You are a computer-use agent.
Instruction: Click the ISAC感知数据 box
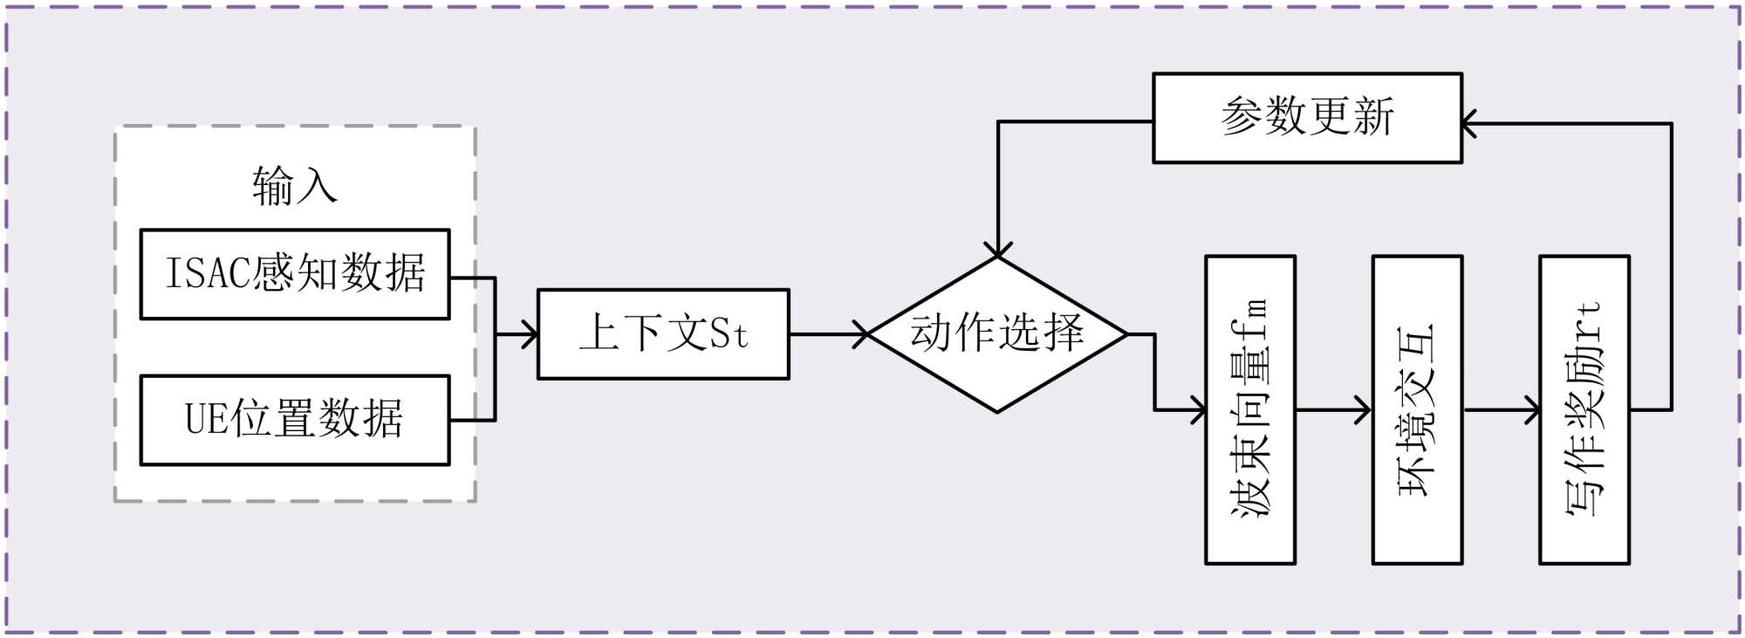click(295, 274)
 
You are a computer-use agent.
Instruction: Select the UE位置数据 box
click(295, 420)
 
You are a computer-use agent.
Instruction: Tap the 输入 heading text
click(294, 186)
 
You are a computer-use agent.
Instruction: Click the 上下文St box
click(663, 334)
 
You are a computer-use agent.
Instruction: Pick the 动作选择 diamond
click(997, 334)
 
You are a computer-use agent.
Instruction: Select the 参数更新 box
click(1307, 118)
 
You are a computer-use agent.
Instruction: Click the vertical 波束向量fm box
click(1249, 409)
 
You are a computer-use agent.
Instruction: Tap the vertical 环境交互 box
click(1417, 409)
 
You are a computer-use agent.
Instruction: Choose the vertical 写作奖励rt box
click(1584, 409)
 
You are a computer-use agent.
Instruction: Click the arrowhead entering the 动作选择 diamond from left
click(862, 334)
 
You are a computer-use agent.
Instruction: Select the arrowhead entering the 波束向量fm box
click(1198, 409)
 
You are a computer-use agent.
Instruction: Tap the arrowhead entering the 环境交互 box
click(1364, 409)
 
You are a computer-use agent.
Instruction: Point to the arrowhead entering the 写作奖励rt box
click(1532, 409)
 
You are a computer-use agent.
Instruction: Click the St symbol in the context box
click(728, 334)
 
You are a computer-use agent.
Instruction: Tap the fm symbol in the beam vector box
click(1249, 319)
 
